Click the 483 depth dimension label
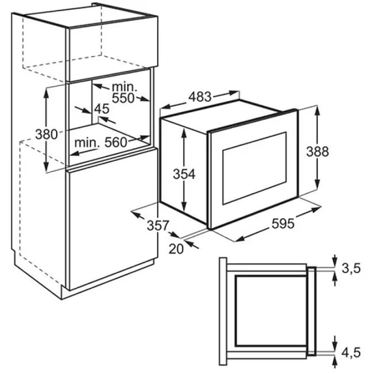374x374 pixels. (200, 97)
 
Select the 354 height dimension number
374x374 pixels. (184, 174)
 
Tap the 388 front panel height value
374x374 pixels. (317, 151)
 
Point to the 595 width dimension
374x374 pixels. (283, 224)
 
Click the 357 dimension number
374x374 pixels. (158, 225)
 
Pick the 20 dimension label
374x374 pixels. (176, 249)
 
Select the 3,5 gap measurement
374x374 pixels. (351, 268)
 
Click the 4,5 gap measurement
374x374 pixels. (351, 352)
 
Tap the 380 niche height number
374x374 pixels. (46, 134)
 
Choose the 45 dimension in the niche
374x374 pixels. (101, 108)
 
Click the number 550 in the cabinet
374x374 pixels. (123, 98)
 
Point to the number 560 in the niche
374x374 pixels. (116, 143)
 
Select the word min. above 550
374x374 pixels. (125, 87)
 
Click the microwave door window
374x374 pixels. (254, 168)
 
